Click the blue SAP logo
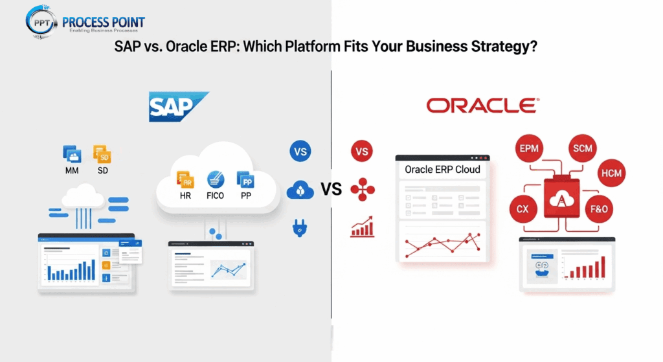click(178, 106)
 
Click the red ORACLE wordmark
click(482, 106)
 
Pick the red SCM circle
click(582, 149)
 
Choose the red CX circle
click(522, 210)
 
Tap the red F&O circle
click(599, 210)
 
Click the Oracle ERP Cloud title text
click(442, 170)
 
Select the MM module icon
click(72, 154)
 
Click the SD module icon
click(102, 154)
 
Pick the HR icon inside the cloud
click(185, 179)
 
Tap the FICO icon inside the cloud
click(215, 179)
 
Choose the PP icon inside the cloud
click(245, 179)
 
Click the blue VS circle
click(300, 153)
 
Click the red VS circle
click(362, 153)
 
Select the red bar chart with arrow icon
click(363, 226)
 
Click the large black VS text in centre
click(331, 190)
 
